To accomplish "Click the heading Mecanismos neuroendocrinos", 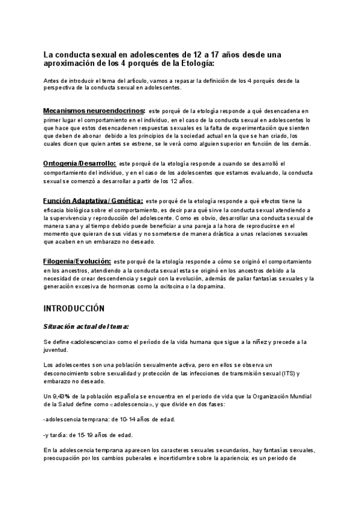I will [94, 111].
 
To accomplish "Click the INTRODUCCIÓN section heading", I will [74, 308].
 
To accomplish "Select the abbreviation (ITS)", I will [287, 373].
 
